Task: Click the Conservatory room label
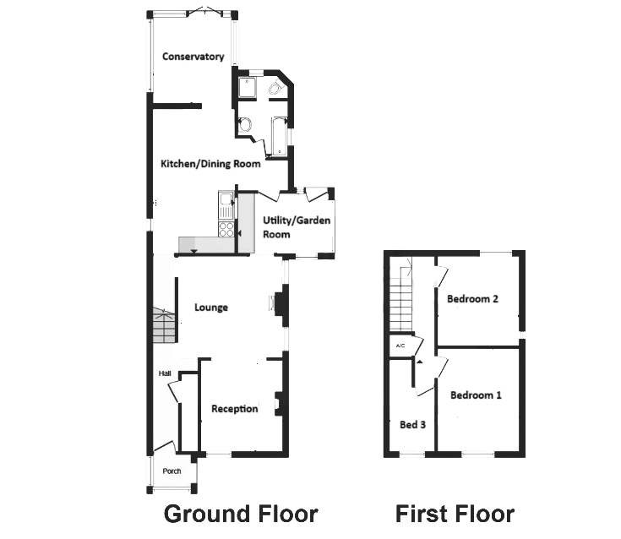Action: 193,57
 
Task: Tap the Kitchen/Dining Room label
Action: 210,164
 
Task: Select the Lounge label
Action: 211,308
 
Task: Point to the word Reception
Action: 235,409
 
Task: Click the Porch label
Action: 172,471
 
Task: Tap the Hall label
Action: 165,373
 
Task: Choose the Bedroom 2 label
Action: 472,299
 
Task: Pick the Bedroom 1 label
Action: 476,395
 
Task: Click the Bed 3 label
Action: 412,425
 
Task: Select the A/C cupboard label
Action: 400,346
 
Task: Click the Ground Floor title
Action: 241,514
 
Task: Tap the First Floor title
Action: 455,514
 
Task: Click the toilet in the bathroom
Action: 275,86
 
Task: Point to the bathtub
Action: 280,136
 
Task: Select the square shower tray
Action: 247,87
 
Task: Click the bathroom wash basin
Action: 245,125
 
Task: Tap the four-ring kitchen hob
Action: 226,230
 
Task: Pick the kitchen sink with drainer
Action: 226,205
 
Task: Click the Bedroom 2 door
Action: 441,276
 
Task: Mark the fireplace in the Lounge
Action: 279,304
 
